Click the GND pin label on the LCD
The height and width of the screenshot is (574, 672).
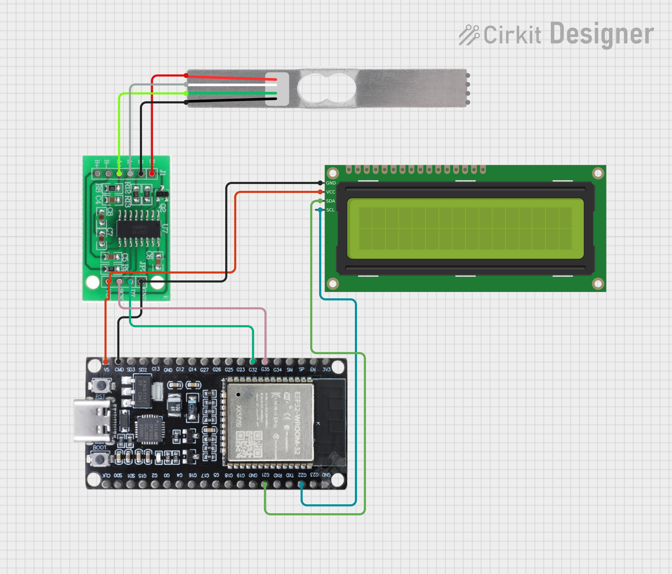pyautogui.click(x=331, y=183)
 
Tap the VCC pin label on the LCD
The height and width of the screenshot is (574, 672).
pyautogui.click(x=331, y=192)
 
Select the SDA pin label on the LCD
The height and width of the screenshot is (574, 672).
pyautogui.click(x=330, y=201)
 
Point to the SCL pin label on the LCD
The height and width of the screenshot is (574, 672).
pyautogui.click(x=330, y=210)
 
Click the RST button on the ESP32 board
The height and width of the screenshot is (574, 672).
pyautogui.click(x=100, y=386)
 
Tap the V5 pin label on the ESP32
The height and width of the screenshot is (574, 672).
pyautogui.click(x=106, y=369)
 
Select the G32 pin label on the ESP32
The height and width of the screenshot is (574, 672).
pyautogui.click(x=253, y=370)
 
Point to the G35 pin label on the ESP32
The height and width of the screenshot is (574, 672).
pyautogui.click(x=265, y=369)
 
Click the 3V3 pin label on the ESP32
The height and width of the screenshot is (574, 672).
pyautogui.click(x=326, y=369)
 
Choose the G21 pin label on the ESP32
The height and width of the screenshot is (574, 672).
pyautogui.click(x=265, y=475)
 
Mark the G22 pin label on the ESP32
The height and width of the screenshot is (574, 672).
pyautogui.click(x=302, y=475)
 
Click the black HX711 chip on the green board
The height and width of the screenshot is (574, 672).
pyautogui.click(x=139, y=229)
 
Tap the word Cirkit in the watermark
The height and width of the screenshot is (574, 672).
pyautogui.click(x=512, y=35)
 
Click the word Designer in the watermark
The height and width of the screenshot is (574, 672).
pyautogui.click(x=602, y=34)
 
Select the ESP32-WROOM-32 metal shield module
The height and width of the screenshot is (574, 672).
pyautogui.click(x=270, y=422)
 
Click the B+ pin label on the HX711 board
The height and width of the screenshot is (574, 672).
pyautogui.click(x=97, y=162)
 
